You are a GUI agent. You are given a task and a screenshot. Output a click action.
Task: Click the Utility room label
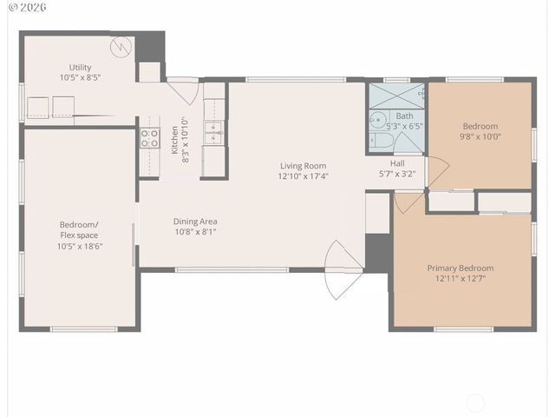80,68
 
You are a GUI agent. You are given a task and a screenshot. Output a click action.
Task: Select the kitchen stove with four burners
149,139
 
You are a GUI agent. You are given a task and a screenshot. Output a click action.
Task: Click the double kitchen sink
213,132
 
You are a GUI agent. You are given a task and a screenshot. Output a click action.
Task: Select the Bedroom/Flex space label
79,229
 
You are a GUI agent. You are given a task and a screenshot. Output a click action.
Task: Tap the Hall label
397,162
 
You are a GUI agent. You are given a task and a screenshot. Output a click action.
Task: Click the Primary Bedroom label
460,268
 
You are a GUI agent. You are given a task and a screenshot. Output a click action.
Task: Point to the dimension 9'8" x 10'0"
480,136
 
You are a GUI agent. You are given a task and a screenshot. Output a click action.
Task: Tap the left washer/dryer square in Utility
37,107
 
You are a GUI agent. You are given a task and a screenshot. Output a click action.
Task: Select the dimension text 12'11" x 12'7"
460,279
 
